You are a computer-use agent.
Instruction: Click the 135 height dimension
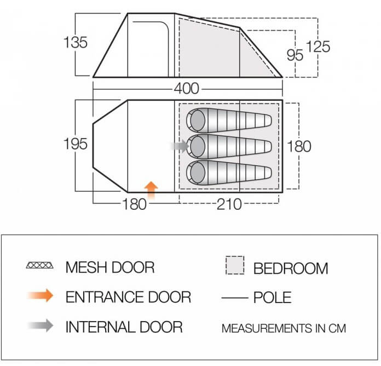click(x=76, y=43)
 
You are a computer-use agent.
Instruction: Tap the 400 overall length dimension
click(x=186, y=89)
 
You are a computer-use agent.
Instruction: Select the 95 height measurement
click(x=295, y=55)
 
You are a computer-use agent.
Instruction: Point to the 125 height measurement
click(x=318, y=47)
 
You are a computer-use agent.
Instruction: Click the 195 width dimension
click(x=76, y=144)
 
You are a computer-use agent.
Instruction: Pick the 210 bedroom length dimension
click(x=229, y=204)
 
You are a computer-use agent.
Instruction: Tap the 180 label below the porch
click(x=134, y=204)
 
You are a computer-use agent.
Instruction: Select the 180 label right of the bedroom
click(x=299, y=146)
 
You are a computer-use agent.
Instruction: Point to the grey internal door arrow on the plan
click(x=180, y=146)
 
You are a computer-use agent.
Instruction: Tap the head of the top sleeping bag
click(x=198, y=121)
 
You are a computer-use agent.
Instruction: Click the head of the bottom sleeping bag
click(x=198, y=173)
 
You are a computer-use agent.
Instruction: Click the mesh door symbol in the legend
click(x=39, y=265)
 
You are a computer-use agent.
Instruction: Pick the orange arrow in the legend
click(x=40, y=295)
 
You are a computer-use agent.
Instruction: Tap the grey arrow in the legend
click(x=40, y=325)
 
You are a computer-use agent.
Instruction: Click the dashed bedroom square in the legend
click(x=235, y=265)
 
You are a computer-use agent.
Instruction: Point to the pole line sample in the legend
click(x=234, y=298)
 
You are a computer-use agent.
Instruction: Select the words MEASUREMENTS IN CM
click(x=284, y=328)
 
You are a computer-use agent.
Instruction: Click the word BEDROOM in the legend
click(x=291, y=268)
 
